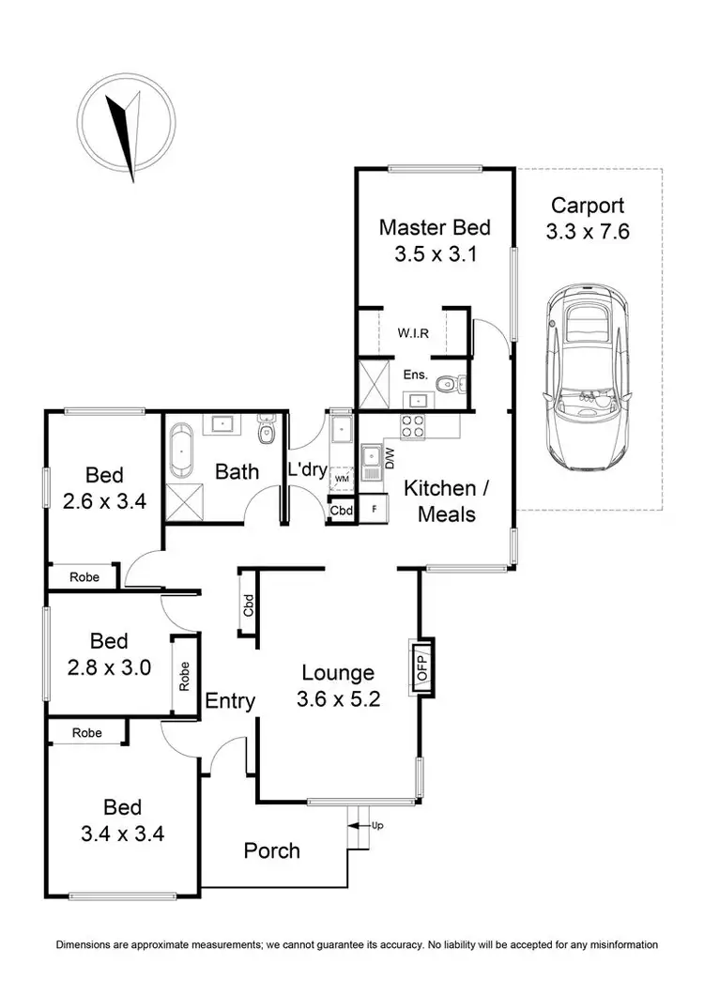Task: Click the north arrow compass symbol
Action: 128,130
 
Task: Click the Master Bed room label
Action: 435,227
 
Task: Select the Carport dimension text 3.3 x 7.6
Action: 588,231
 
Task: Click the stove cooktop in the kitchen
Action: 412,427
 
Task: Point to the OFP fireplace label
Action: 421,666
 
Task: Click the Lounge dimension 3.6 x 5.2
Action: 338,698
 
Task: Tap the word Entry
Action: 230,700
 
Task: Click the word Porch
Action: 272,850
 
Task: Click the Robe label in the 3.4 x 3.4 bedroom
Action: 87,732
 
